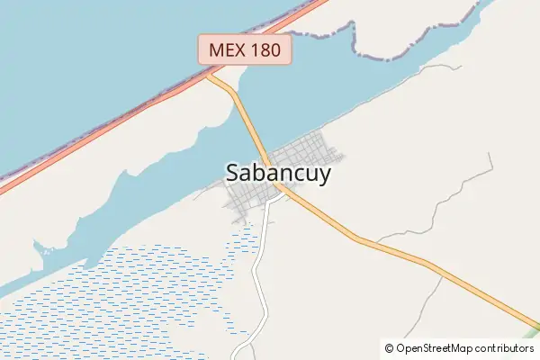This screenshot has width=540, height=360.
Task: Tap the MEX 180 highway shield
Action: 246,49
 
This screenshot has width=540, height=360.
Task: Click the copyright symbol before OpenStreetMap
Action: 389,347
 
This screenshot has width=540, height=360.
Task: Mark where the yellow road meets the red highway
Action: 209,76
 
